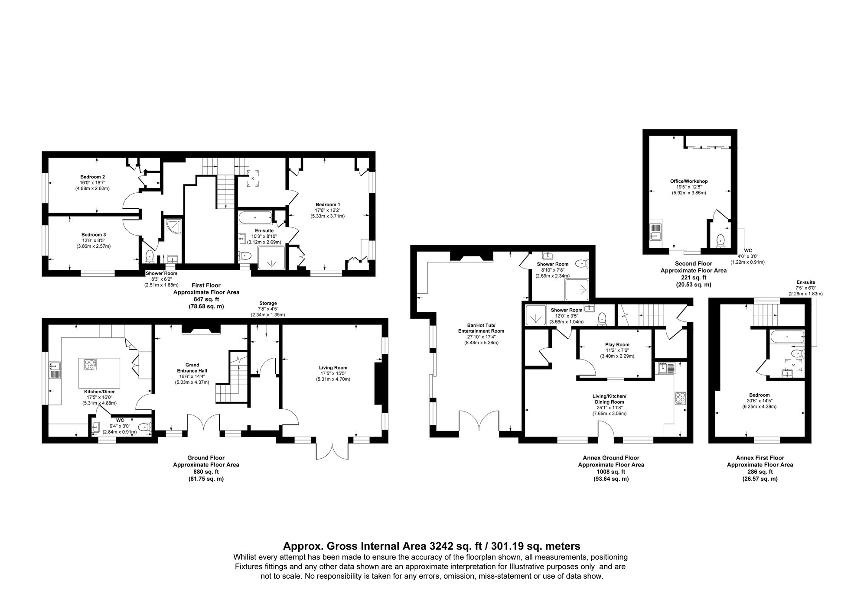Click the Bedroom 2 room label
(92, 177)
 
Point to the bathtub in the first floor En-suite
(255, 217)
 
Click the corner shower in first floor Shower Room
(173, 226)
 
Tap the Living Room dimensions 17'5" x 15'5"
(333, 373)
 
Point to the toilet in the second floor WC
(720, 240)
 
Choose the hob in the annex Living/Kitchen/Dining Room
(680, 398)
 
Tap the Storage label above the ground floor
(268, 303)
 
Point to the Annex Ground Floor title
(611, 458)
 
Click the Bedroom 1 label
(328, 204)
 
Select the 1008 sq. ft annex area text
(611, 472)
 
